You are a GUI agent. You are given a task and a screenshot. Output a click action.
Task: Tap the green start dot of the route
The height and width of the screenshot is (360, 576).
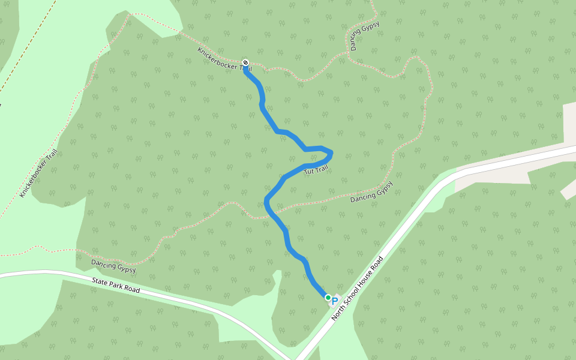(x=328, y=297)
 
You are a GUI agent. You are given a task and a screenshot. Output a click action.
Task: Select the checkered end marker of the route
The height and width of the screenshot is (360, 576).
(x=245, y=62)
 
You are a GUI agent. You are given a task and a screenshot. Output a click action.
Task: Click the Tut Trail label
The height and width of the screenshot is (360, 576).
(x=316, y=170)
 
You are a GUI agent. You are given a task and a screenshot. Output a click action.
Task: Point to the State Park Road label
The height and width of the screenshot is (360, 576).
(x=116, y=286)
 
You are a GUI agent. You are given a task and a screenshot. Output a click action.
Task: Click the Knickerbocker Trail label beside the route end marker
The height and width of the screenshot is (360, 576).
(x=224, y=60)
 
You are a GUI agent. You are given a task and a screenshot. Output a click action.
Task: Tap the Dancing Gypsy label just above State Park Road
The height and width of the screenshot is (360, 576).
(x=113, y=266)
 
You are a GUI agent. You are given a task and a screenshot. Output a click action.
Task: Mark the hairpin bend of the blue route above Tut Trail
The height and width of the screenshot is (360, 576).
(x=331, y=154)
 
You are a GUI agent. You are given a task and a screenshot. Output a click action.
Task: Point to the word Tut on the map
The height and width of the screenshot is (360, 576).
(x=309, y=172)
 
